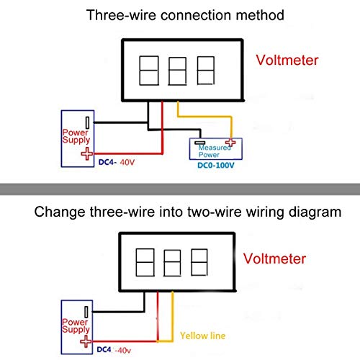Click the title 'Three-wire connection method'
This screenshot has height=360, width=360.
(185, 15)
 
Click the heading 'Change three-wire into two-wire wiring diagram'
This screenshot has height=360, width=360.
(188, 212)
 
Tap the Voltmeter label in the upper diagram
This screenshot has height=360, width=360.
(287, 60)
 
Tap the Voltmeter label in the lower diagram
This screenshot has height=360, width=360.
(274, 258)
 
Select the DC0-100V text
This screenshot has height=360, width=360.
(216, 166)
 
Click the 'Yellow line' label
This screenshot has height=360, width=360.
(203, 336)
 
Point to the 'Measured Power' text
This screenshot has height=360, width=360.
(215, 151)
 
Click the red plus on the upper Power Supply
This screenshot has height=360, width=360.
(87, 153)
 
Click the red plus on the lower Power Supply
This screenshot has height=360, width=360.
(86, 341)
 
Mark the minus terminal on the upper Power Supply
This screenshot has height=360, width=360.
(88, 122)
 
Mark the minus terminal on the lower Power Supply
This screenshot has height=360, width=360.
(86, 312)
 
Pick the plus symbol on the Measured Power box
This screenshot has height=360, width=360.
(230, 143)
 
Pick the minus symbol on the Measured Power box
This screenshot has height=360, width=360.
(199, 143)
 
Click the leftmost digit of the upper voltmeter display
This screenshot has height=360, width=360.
(149, 71)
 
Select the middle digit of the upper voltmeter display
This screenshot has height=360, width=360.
(177, 71)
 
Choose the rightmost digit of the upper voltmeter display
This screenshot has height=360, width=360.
(206, 71)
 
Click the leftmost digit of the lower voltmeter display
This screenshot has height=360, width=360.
(145, 262)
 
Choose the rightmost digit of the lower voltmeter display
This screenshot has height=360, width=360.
(199, 262)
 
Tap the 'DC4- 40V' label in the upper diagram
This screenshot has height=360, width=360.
(117, 163)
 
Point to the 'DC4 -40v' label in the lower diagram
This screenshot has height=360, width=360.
(114, 350)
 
